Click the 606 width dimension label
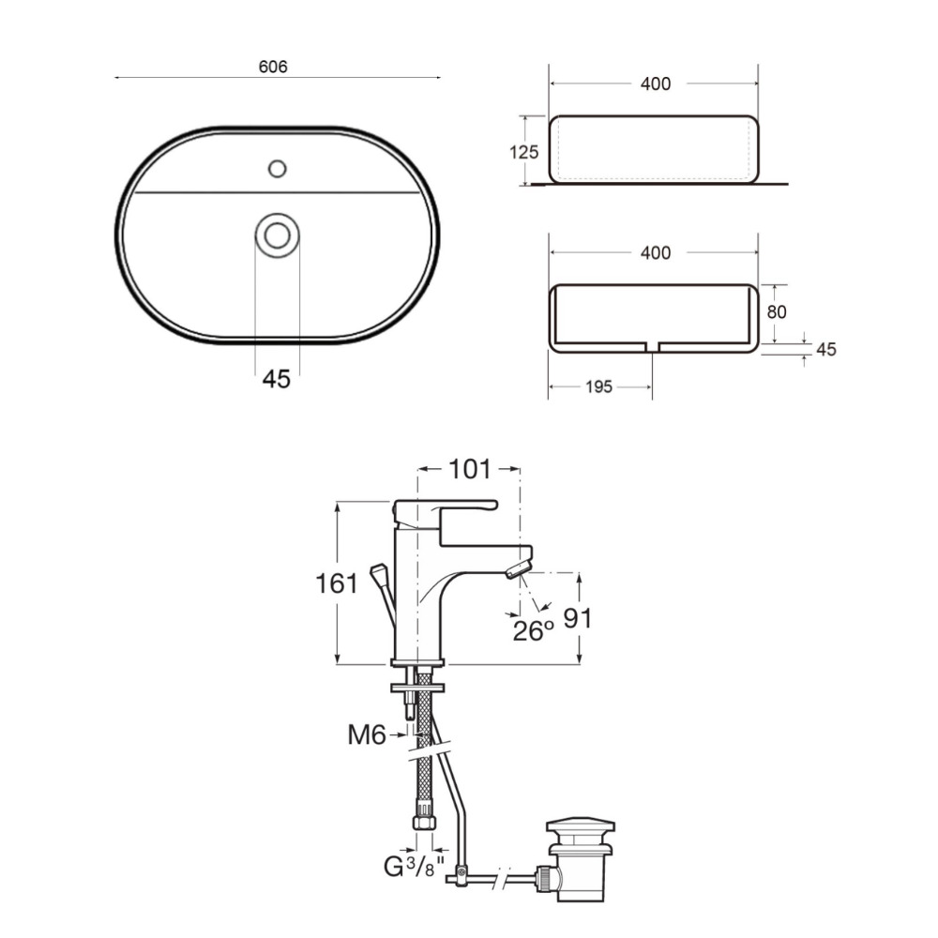click(273, 67)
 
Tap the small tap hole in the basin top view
click(277, 169)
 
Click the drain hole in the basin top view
click(277, 235)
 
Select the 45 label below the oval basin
click(277, 379)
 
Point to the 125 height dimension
click(524, 152)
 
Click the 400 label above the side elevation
click(656, 83)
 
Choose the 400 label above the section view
click(656, 253)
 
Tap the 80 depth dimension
click(777, 311)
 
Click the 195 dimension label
click(598, 387)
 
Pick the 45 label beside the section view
click(826, 349)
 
